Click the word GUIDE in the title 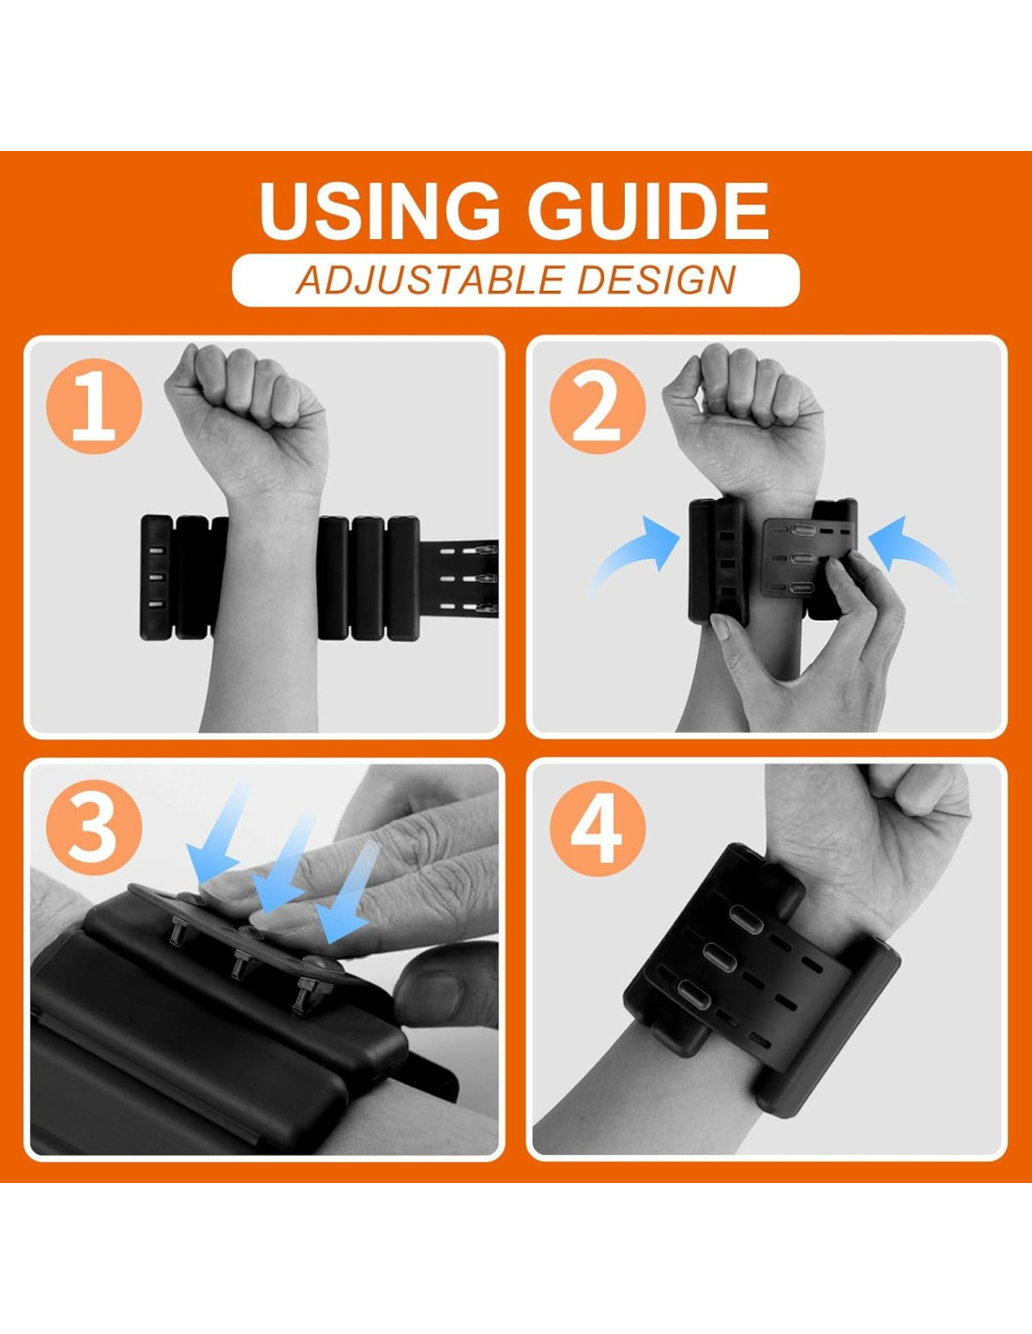point(648,210)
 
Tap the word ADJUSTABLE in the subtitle point(429,280)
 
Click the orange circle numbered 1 point(94,406)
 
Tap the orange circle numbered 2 point(598,406)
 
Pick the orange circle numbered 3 point(94,828)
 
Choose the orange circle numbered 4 point(598,828)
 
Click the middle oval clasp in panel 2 point(802,558)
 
